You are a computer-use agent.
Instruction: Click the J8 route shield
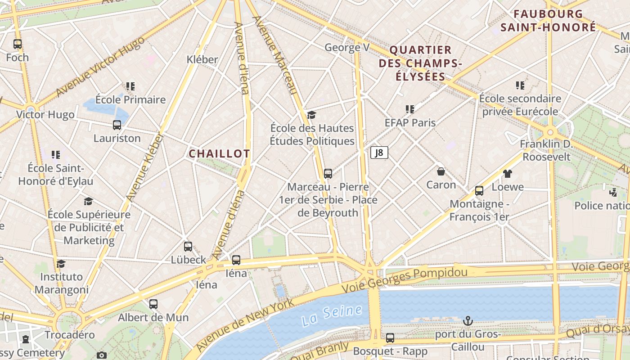(x=379, y=153)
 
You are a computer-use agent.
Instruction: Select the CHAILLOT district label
(x=219, y=154)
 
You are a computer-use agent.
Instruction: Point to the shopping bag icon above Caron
(x=441, y=171)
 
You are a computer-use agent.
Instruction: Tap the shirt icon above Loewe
(x=508, y=174)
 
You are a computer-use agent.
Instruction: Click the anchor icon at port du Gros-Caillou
(x=468, y=321)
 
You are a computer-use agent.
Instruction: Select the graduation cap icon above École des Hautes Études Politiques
(x=312, y=115)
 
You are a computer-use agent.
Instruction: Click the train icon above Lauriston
(x=117, y=125)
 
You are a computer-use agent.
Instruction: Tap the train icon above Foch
(x=18, y=44)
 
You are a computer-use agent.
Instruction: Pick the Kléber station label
(x=202, y=59)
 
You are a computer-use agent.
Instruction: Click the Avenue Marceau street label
(x=274, y=55)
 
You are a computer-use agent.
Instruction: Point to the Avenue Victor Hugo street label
(x=100, y=67)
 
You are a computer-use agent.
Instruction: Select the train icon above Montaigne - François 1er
(x=479, y=191)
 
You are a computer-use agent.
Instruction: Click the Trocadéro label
(x=70, y=335)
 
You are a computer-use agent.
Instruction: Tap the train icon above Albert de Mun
(x=153, y=304)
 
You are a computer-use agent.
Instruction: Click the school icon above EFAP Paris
(x=409, y=109)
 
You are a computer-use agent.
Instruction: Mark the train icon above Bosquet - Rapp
(x=390, y=337)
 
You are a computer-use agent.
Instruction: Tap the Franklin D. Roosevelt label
(x=546, y=150)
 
